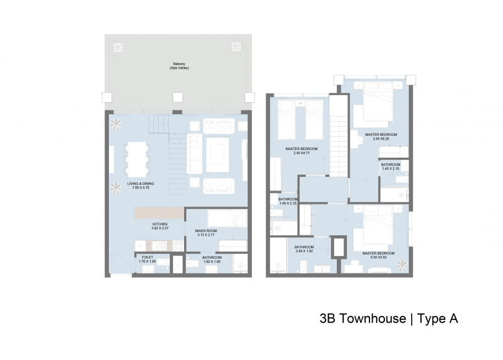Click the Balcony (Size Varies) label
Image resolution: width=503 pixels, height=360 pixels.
coord(179,66)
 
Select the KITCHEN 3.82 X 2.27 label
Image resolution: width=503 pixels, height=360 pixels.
coord(160,226)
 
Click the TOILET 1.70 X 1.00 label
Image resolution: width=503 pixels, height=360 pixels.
coord(147,259)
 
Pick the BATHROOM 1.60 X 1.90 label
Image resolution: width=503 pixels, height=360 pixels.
coord(212,259)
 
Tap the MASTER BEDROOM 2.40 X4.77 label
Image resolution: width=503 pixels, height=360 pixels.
coord(302,151)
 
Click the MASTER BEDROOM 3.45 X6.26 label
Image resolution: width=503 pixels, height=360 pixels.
coord(381,137)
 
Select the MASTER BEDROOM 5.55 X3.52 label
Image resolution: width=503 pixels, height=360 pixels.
coord(379,255)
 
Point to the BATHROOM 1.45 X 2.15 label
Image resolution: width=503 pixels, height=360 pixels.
coord(391,167)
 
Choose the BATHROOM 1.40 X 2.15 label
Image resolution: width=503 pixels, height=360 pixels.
coord(288,201)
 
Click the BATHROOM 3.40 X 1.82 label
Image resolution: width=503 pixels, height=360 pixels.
coord(304,249)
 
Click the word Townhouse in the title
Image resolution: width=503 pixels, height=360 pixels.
coord(373,319)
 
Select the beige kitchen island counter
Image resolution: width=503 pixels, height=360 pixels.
coord(159,213)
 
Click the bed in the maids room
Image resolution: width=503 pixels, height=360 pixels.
coord(228,218)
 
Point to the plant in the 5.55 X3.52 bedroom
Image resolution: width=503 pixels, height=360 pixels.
coord(402,265)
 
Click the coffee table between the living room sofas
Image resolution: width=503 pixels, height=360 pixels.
coord(218,155)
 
